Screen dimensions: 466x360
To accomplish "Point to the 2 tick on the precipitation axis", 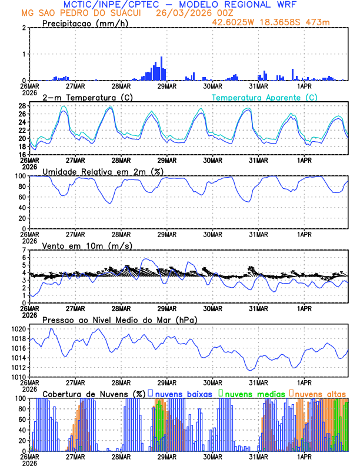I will click(x=23, y=28).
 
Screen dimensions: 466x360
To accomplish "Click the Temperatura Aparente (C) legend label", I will click(x=264, y=97).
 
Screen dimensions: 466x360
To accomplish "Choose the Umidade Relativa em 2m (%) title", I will click(x=101, y=171).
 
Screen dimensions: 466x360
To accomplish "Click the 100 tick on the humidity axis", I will click(x=19, y=176).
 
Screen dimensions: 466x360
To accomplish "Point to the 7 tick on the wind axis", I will click(x=23, y=250).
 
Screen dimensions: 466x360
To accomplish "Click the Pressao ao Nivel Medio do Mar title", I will click(x=119, y=319).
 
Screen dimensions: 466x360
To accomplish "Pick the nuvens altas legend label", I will click(x=320, y=393).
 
